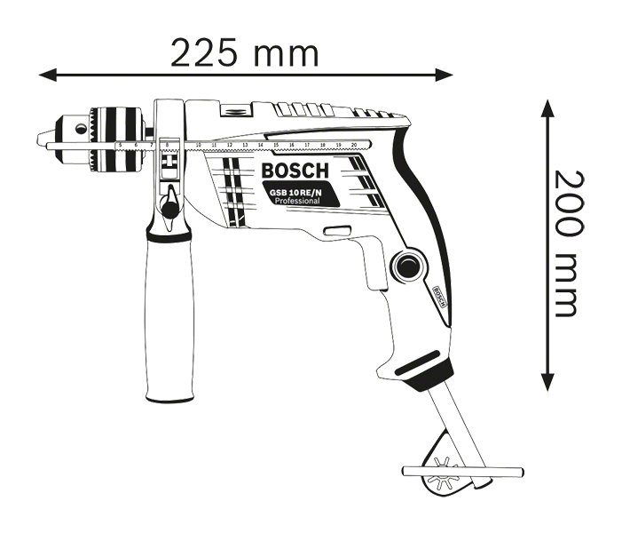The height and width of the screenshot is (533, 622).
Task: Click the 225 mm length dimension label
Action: (243, 54)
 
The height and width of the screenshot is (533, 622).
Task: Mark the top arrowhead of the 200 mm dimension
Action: (548, 107)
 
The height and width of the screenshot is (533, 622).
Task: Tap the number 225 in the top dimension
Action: (205, 54)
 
